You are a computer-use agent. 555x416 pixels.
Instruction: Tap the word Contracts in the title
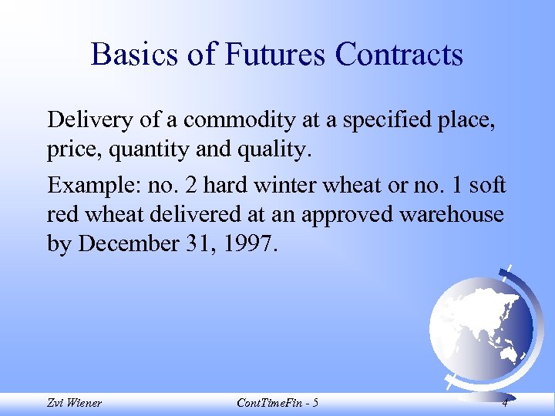point(399,55)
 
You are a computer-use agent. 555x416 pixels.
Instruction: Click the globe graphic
point(479,323)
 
